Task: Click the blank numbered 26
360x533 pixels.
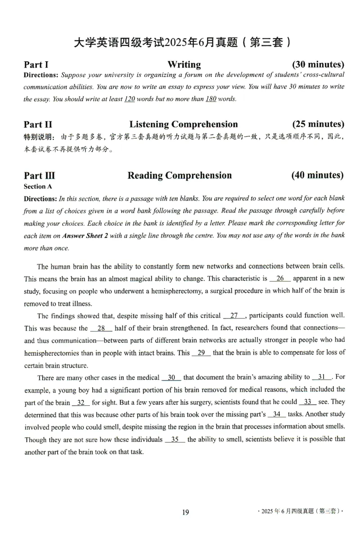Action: point(280,278)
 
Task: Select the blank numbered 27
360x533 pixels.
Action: point(234,316)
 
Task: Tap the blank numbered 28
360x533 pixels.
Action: point(101,328)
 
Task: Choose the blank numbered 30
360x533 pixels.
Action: point(171,377)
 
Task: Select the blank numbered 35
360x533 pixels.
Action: point(175,439)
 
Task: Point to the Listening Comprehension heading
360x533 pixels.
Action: point(183,124)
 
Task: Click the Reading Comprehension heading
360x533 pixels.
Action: point(180,175)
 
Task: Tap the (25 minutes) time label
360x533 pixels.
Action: point(318,124)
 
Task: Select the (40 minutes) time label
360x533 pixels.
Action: point(317,175)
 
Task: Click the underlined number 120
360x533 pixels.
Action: point(129,99)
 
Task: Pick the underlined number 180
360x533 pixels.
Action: point(211,99)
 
